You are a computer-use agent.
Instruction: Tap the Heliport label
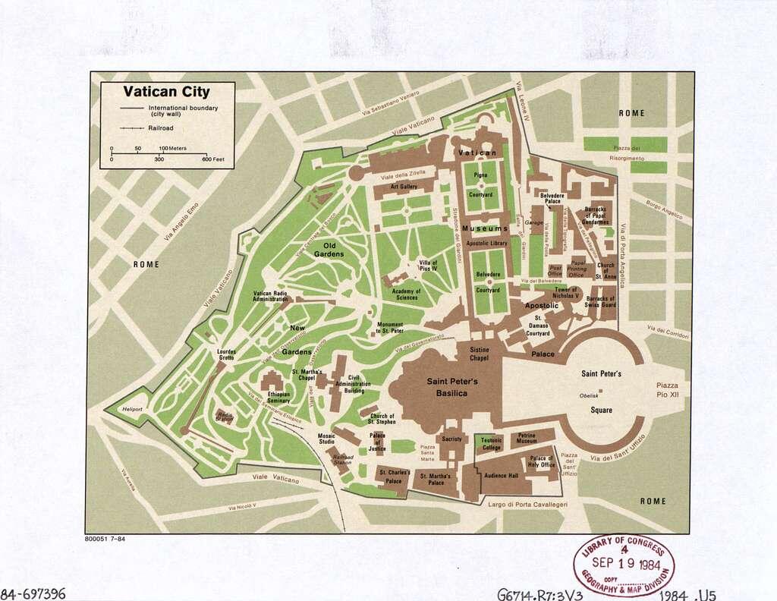pos(134,409)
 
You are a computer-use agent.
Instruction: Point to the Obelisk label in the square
pos(589,395)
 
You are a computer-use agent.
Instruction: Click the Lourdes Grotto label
pos(227,355)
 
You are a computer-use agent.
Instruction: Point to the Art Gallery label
pos(404,186)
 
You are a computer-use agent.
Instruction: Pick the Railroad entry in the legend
pos(161,128)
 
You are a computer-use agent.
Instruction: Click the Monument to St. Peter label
pos(390,328)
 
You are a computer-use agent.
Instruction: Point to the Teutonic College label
pos(491,444)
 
